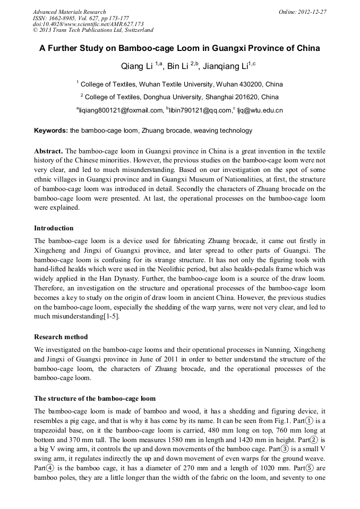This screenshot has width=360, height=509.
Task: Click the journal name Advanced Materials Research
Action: tap(69, 12)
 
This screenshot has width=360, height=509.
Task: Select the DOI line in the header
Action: tap(89, 24)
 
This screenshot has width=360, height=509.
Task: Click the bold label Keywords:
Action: tap(51, 131)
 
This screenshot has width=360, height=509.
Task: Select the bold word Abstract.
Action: tap(48, 151)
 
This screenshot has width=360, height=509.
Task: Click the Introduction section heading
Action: tap(54, 228)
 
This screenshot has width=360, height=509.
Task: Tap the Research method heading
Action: tap(61, 337)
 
